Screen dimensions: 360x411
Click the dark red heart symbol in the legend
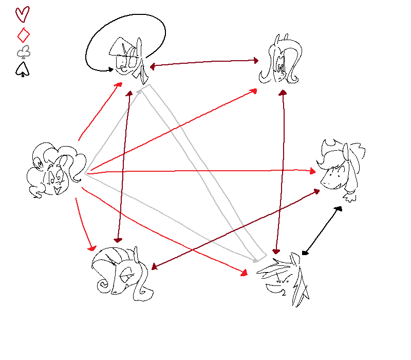pos(23,14)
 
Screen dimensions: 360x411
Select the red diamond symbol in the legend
pos(23,35)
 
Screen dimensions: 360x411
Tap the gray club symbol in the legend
pos(23,51)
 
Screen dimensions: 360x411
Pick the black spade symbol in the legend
pos(23,69)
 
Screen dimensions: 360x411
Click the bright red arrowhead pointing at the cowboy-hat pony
pos(314,170)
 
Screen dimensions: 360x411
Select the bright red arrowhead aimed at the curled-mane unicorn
pos(93,247)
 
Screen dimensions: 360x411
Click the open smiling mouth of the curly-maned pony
pos(58,190)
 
